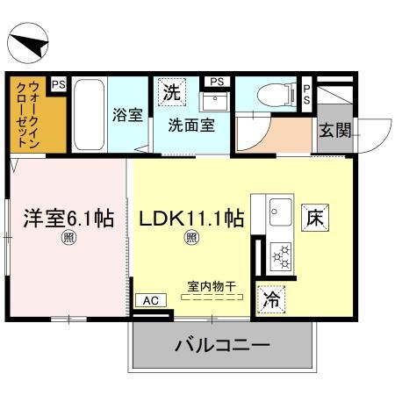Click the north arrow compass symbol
[28, 43]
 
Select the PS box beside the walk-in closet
[58, 84]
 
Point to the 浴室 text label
[127, 115]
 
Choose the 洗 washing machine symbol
[170, 90]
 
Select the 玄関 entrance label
[334, 133]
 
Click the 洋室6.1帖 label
[68, 218]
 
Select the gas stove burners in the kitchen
[282, 256]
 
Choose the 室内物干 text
[212, 285]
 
